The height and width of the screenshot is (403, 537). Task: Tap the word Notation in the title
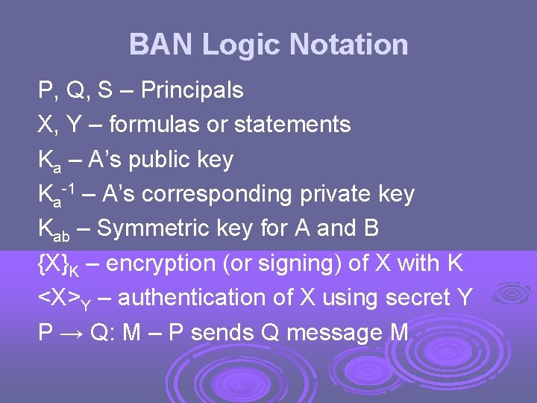[x=348, y=45]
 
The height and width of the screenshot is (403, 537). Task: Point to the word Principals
[x=192, y=90]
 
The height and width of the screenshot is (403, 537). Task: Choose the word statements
[x=292, y=125]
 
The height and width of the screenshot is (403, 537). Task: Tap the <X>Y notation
[x=64, y=299]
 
